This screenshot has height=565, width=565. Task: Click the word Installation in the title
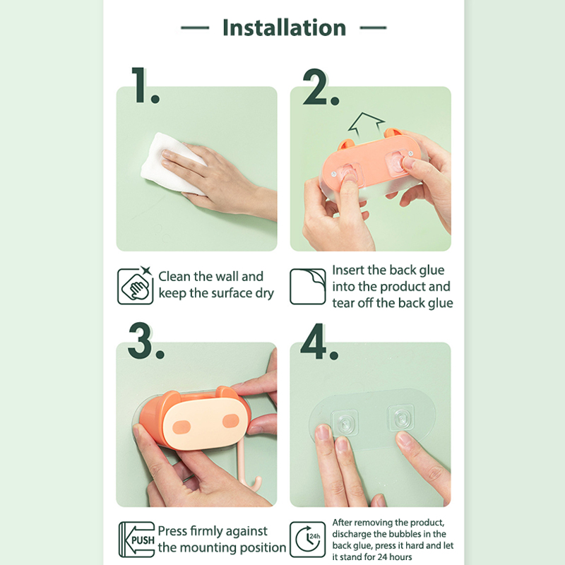click(x=285, y=28)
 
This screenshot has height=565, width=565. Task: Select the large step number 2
click(x=321, y=87)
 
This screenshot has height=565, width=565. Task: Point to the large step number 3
click(x=145, y=341)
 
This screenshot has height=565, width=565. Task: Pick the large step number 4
click(x=319, y=342)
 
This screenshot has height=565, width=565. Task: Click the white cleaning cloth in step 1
click(x=169, y=164)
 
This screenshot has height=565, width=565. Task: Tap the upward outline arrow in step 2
click(x=366, y=124)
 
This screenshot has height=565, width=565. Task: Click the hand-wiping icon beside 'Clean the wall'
click(x=135, y=286)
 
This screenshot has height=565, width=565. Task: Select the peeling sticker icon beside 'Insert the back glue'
click(x=308, y=287)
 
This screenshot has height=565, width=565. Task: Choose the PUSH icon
click(x=137, y=540)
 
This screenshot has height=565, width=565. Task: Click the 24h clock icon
click(x=308, y=540)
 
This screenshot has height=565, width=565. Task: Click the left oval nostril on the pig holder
click(x=182, y=427)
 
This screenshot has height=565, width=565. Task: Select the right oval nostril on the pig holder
click(x=231, y=420)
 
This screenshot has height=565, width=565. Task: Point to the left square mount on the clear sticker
click(x=345, y=422)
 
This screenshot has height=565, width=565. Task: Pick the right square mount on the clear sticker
click(x=400, y=417)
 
